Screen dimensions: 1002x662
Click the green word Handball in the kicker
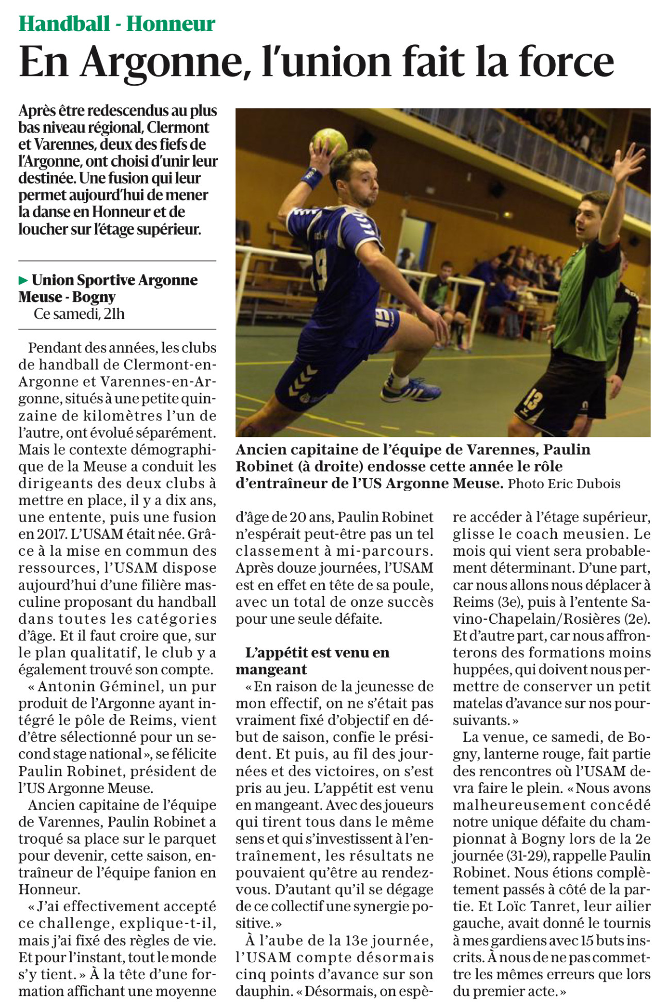tap(64, 23)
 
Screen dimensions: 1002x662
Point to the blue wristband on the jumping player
tap(311, 177)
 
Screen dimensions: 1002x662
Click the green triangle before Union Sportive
tap(23, 281)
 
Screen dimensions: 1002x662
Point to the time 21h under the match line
tap(114, 314)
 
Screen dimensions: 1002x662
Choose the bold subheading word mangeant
tap(271, 670)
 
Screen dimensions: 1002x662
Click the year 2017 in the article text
tap(53, 534)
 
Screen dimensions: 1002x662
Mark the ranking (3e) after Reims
tap(506, 602)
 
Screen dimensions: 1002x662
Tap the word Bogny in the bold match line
tap(94, 297)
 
